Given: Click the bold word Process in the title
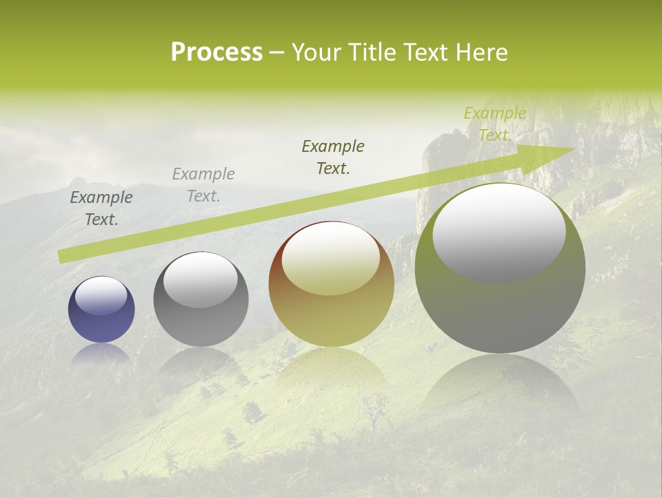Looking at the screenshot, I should (x=217, y=52).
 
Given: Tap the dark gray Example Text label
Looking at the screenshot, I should (x=101, y=208).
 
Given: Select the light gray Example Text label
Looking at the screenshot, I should (x=203, y=185).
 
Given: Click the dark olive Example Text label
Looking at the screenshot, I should (x=333, y=157).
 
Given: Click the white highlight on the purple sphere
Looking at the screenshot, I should (x=101, y=295).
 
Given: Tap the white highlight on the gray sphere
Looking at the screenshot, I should (x=201, y=279).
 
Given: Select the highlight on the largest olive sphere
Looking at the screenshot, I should (x=499, y=231).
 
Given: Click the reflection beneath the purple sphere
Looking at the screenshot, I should (x=101, y=353).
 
